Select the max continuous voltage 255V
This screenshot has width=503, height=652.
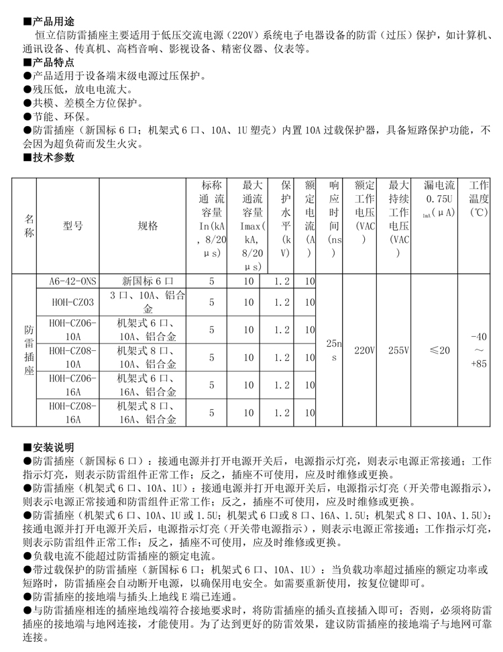pyautogui.click(x=399, y=350)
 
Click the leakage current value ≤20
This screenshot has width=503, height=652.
pyautogui.click(x=440, y=350)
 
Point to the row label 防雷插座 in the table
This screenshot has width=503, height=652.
pyautogui.click(x=29, y=350)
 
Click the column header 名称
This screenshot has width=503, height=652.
pyautogui.click(x=29, y=226)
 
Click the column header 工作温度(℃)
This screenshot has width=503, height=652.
pyautogui.click(x=479, y=199)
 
